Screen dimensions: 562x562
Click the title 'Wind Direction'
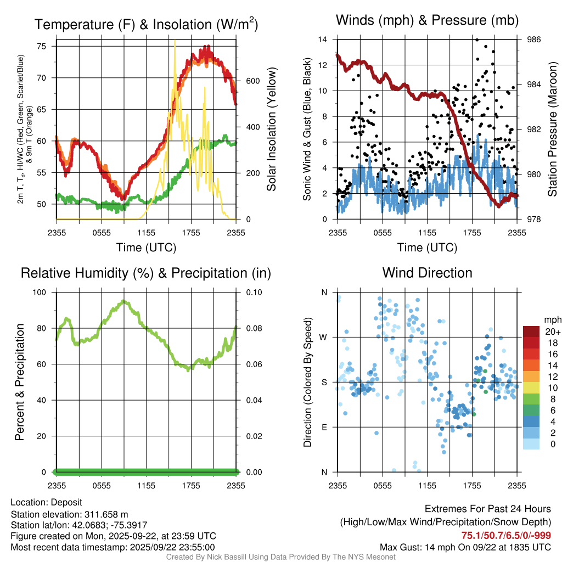[427, 273]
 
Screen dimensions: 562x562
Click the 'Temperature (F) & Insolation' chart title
[146, 25]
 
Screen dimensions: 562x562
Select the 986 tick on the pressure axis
[534, 40]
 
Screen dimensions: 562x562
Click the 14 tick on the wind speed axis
[323, 40]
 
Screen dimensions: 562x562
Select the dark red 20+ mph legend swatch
[531, 331]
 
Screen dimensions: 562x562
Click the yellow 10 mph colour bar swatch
[531, 387]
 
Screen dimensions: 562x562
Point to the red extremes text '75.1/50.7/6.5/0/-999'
[506, 536]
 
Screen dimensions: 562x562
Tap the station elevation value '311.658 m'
[106, 514]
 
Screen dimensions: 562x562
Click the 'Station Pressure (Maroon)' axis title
[553, 130]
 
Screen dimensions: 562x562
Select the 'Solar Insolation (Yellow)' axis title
[271, 130]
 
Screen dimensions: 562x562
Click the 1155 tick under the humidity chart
[147, 485]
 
